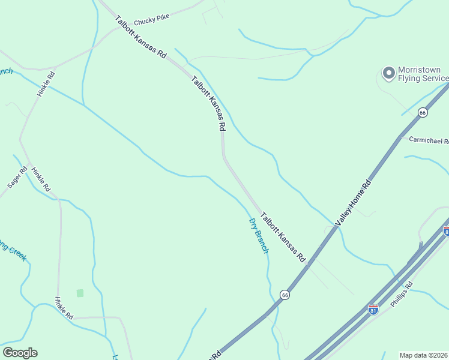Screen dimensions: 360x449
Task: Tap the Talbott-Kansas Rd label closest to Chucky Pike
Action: (140, 37)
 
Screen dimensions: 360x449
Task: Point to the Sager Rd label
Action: (18, 178)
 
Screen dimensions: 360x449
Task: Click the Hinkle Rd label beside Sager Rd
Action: (41, 179)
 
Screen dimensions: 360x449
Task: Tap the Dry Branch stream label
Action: (259, 235)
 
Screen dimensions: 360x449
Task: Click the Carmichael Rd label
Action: (429, 140)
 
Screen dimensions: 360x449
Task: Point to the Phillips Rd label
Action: (402, 294)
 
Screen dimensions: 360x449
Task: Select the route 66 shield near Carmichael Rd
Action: (423, 113)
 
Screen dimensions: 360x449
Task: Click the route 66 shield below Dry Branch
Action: (285, 295)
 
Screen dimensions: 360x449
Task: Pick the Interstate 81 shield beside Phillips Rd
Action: (373, 310)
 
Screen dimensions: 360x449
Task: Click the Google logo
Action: (20, 352)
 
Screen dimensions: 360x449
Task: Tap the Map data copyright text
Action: (424, 355)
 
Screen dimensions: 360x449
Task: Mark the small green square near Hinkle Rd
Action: (80, 293)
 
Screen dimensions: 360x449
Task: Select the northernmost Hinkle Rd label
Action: (46, 84)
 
